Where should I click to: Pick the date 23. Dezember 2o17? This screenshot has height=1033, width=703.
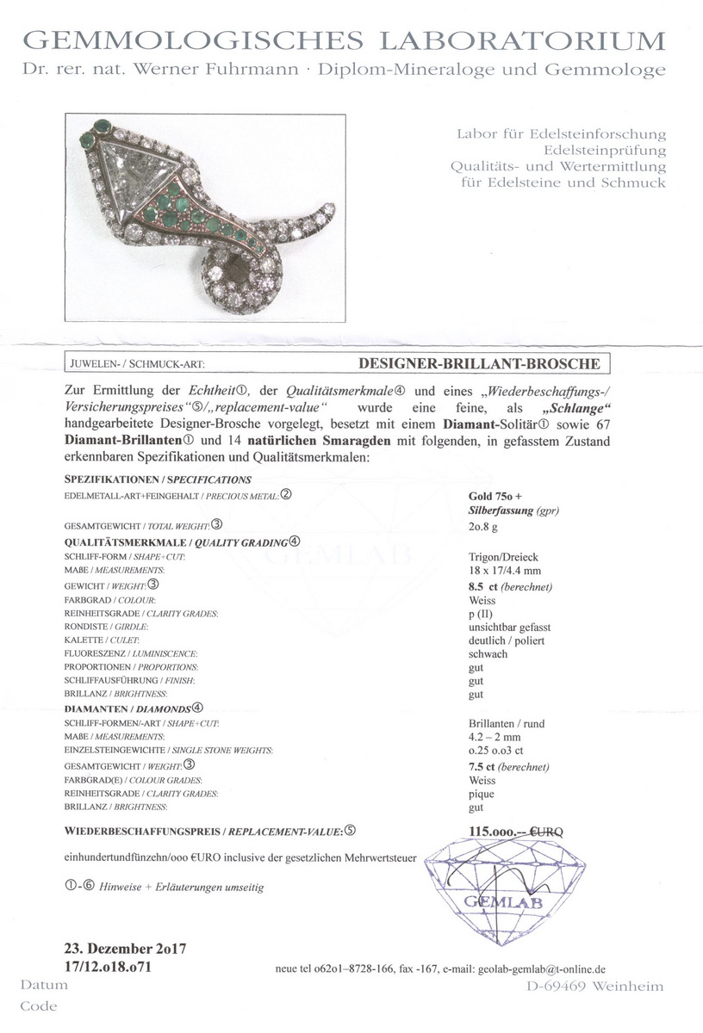[126, 949]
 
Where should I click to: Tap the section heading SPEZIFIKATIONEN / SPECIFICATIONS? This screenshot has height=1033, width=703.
[158, 479]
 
